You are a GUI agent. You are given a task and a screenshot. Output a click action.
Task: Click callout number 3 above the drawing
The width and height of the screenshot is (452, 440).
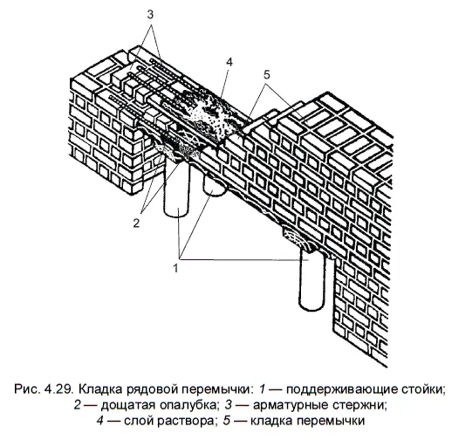coord(150,15)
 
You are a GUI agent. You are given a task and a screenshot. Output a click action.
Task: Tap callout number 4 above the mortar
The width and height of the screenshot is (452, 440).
coord(229,62)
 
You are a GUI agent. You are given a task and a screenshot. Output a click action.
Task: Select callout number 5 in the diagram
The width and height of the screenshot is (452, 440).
coord(267,75)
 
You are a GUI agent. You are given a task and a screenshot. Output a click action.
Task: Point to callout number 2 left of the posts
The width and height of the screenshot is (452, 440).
coord(136,223)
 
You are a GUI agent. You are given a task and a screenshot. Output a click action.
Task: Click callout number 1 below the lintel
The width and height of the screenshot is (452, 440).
coord(175,268)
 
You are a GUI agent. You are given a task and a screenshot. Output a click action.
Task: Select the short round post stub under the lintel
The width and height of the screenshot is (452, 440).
coord(214,185)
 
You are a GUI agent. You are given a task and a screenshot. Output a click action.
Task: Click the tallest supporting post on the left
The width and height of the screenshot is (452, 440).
coord(176,190)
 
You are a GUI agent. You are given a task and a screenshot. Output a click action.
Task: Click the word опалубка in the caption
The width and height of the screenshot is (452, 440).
coord(188,405)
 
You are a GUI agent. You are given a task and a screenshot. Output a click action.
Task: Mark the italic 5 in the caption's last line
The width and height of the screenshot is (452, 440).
coord(227,421)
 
